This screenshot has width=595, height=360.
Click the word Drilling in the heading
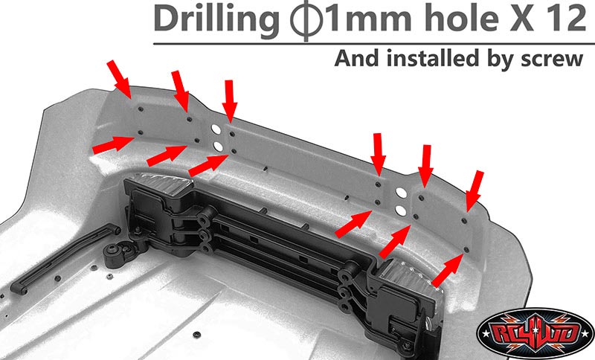coord(216,20)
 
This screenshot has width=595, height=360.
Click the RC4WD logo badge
coord(535,332)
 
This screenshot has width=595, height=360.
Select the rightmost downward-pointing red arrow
coord(475,191)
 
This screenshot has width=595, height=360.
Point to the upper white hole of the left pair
coord(216,129)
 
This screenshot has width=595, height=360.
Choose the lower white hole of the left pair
coord(219,147)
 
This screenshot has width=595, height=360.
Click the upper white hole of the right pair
coord(402,193)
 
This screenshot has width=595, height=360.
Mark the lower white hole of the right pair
coord(401,210)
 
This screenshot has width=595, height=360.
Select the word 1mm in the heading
coord(369,20)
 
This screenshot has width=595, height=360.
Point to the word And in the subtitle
coord(357,59)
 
